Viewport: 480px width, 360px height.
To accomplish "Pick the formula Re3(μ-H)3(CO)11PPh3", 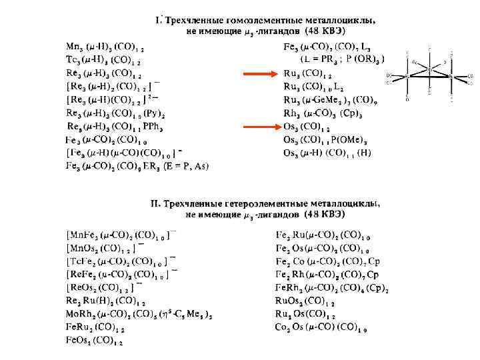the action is (x=115, y=126).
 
